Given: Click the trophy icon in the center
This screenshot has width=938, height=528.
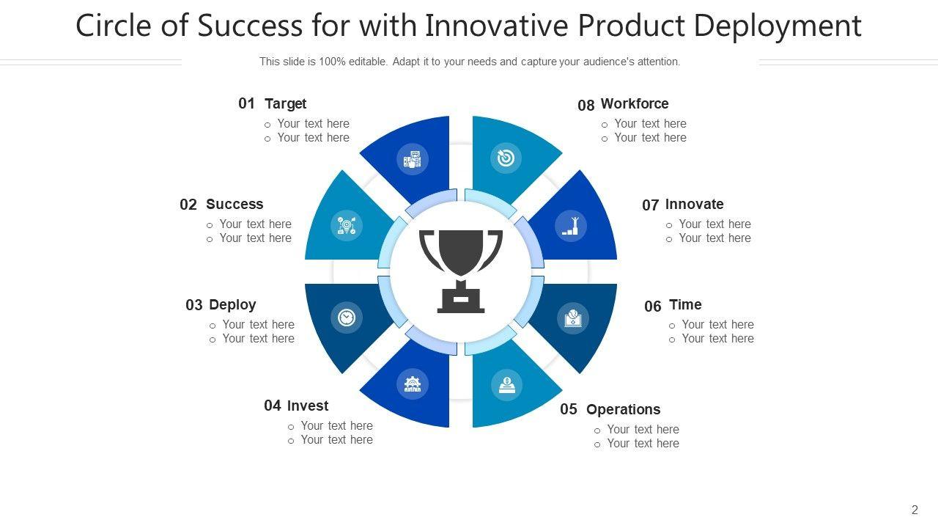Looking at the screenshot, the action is click(461, 271).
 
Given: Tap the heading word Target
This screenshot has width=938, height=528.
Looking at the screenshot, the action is click(285, 103).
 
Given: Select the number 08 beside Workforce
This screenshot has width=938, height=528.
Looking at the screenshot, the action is click(586, 105).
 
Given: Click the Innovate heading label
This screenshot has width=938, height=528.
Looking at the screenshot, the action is click(694, 204).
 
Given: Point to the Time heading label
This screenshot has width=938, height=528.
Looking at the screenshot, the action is click(685, 304).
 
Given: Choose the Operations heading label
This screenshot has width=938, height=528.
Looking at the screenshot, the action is click(623, 409).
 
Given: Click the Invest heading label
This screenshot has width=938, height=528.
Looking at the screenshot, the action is click(308, 406).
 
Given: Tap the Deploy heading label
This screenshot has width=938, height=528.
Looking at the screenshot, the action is click(232, 305).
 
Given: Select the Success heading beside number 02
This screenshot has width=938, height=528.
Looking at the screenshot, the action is click(234, 204).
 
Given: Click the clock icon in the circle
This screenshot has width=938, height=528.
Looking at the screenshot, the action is click(347, 318).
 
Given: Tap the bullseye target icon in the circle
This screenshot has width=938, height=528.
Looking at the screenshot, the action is click(506, 158).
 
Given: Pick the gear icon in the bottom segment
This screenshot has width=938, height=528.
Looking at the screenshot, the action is click(413, 384).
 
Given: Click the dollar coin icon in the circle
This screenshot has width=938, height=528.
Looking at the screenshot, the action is click(506, 385).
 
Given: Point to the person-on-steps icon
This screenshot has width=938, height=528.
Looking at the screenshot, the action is click(571, 226).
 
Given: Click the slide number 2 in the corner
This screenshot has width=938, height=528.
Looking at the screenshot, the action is click(915, 510).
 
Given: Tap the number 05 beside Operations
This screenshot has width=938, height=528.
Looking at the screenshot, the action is click(569, 409).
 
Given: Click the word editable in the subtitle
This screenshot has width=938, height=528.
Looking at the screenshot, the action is click(368, 62).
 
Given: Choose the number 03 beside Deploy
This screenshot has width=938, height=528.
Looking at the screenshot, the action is click(194, 305).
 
